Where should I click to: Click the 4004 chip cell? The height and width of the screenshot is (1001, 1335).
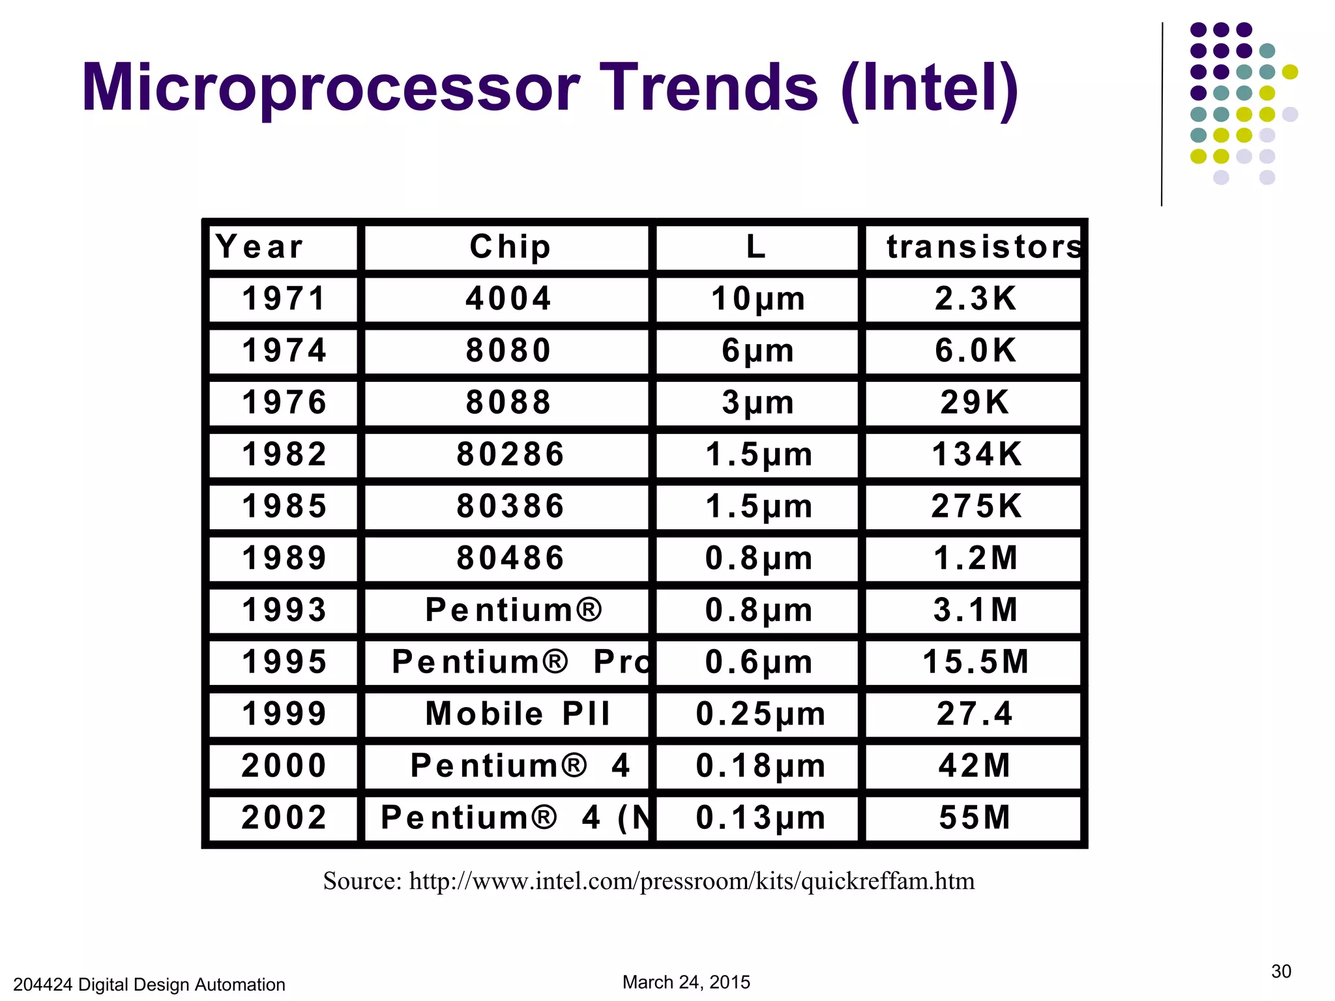pos(508,299)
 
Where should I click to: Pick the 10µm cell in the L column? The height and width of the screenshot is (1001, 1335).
pos(758,299)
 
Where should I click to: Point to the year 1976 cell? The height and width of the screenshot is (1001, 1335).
pos(284,403)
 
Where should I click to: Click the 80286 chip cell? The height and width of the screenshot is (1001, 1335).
pos(510,454)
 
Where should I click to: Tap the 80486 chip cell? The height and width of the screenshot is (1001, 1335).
pos(510,559)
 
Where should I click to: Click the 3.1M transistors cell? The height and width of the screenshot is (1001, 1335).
pos(976,611)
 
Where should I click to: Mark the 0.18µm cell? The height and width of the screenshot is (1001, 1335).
pos(760,766)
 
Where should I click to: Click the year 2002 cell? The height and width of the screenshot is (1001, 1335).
pos(284,818)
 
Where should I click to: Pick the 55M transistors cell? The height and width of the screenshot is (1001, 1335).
pos(975,818)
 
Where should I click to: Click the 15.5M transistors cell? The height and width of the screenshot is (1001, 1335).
pos(976,662)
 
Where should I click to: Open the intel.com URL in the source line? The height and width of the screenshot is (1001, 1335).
pos(691,881)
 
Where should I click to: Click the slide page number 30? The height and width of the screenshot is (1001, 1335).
pos(1280,972)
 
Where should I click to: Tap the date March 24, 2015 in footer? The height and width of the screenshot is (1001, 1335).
pos(686,982)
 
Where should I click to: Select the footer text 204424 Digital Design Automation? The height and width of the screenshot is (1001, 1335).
pos(149,984)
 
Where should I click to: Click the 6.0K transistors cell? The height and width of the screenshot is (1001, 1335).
pos(976,351)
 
